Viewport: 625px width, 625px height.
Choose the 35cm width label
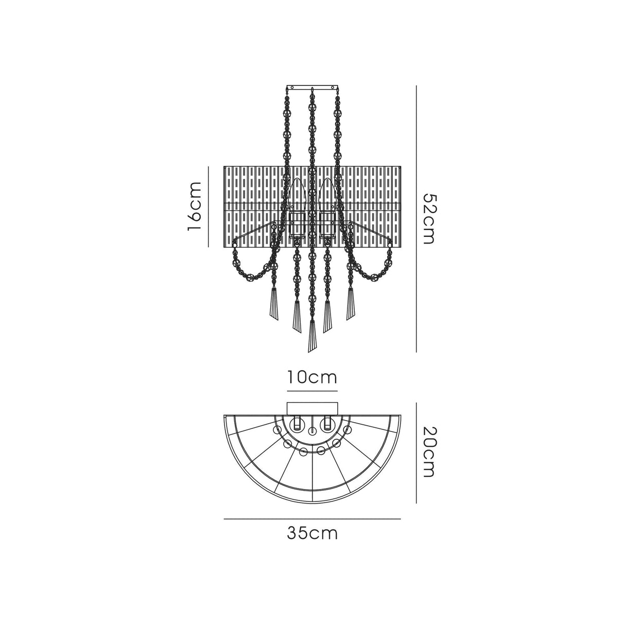pyautogui.click(x=312, y=533)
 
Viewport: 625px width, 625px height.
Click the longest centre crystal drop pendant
pyautogui.click(x=311, y=337)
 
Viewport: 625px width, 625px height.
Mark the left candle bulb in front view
pyautogui.click(x=297, y=199)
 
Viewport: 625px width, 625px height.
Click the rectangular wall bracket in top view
pyautogui.click(x=312, y=407)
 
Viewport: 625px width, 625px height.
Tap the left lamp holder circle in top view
pyautogui.click(x=297, y=425)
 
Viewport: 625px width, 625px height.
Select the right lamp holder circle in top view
pyautogui.click(x=326, y=425)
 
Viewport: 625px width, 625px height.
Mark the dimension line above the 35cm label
pyautogui.click(x=312, y=519)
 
